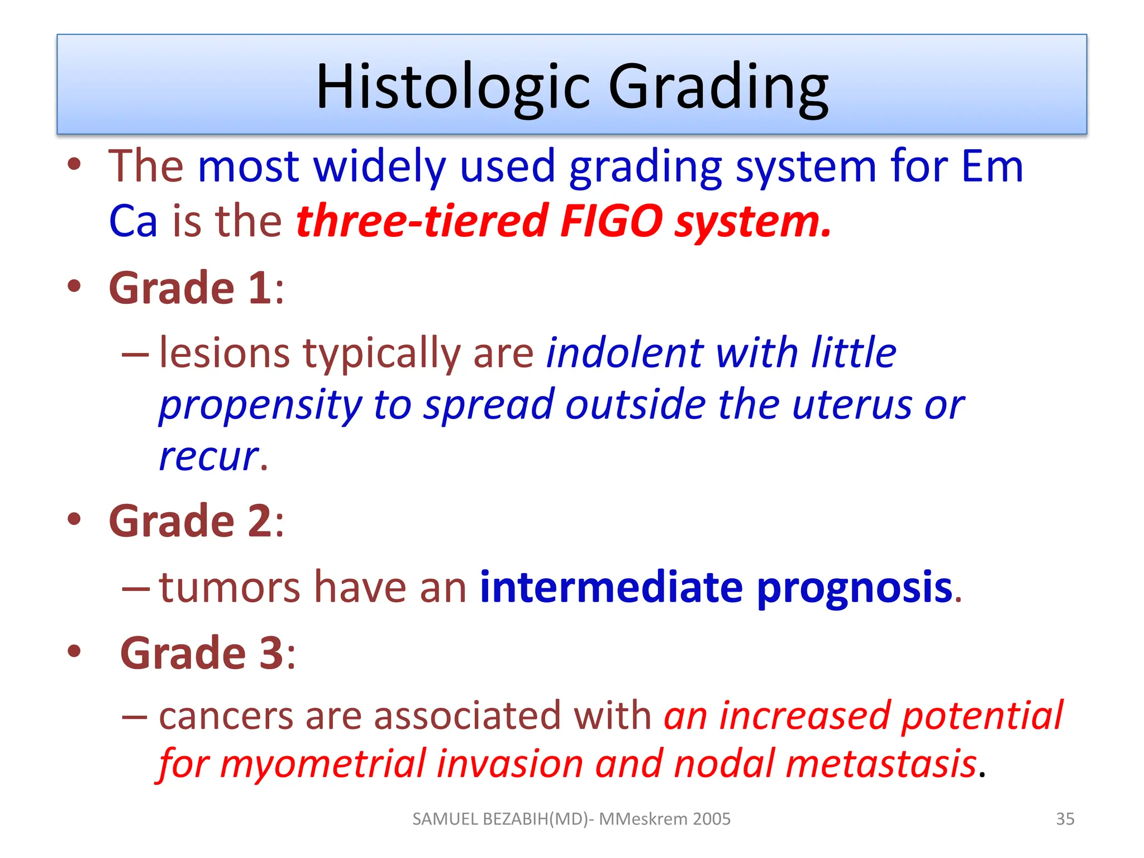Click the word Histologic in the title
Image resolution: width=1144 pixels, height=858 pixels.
point(452,87)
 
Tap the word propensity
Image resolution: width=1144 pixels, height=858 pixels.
point(260,406)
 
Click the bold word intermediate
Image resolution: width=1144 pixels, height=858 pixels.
point(611,587)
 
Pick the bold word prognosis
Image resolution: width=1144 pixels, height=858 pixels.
point(854,588)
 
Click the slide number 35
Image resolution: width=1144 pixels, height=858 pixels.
point(1065,819)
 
